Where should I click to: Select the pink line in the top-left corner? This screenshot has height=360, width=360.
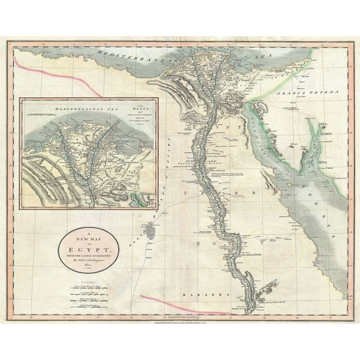31,69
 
